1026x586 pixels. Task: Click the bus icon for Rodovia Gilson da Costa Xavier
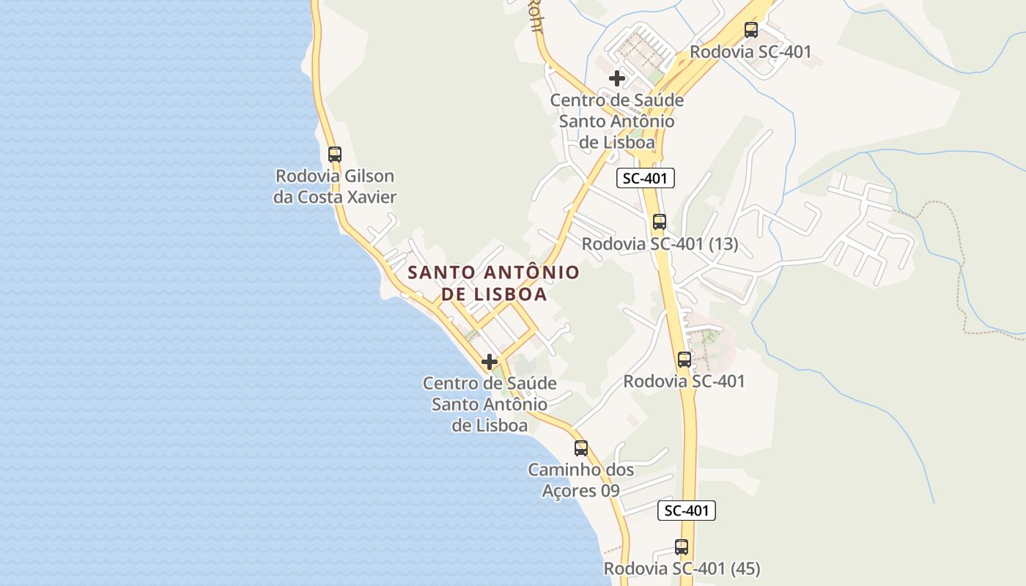point(335,155)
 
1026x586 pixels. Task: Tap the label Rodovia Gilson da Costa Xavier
point(335,186)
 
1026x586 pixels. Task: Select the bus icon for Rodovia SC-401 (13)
point(660,222)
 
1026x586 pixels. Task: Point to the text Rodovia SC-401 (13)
point(660,244)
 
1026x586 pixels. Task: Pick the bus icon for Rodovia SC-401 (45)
point(682,546)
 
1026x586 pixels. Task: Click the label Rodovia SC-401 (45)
point(682,568)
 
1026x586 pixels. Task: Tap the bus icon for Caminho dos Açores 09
point(581,448)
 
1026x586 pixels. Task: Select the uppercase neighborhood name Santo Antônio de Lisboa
point(493,283)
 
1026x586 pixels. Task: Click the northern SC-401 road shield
point(645,178)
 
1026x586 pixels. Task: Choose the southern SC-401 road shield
point(686,511)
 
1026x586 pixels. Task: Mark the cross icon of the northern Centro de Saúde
point(617,78)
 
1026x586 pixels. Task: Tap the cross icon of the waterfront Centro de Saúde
point(490,362)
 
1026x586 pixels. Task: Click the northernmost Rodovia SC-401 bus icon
point(751,30)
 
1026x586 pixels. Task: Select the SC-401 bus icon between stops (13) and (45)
point(684,360)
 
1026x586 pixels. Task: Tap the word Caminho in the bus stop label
point(561,470)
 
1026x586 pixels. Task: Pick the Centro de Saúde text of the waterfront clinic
point(490,383)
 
